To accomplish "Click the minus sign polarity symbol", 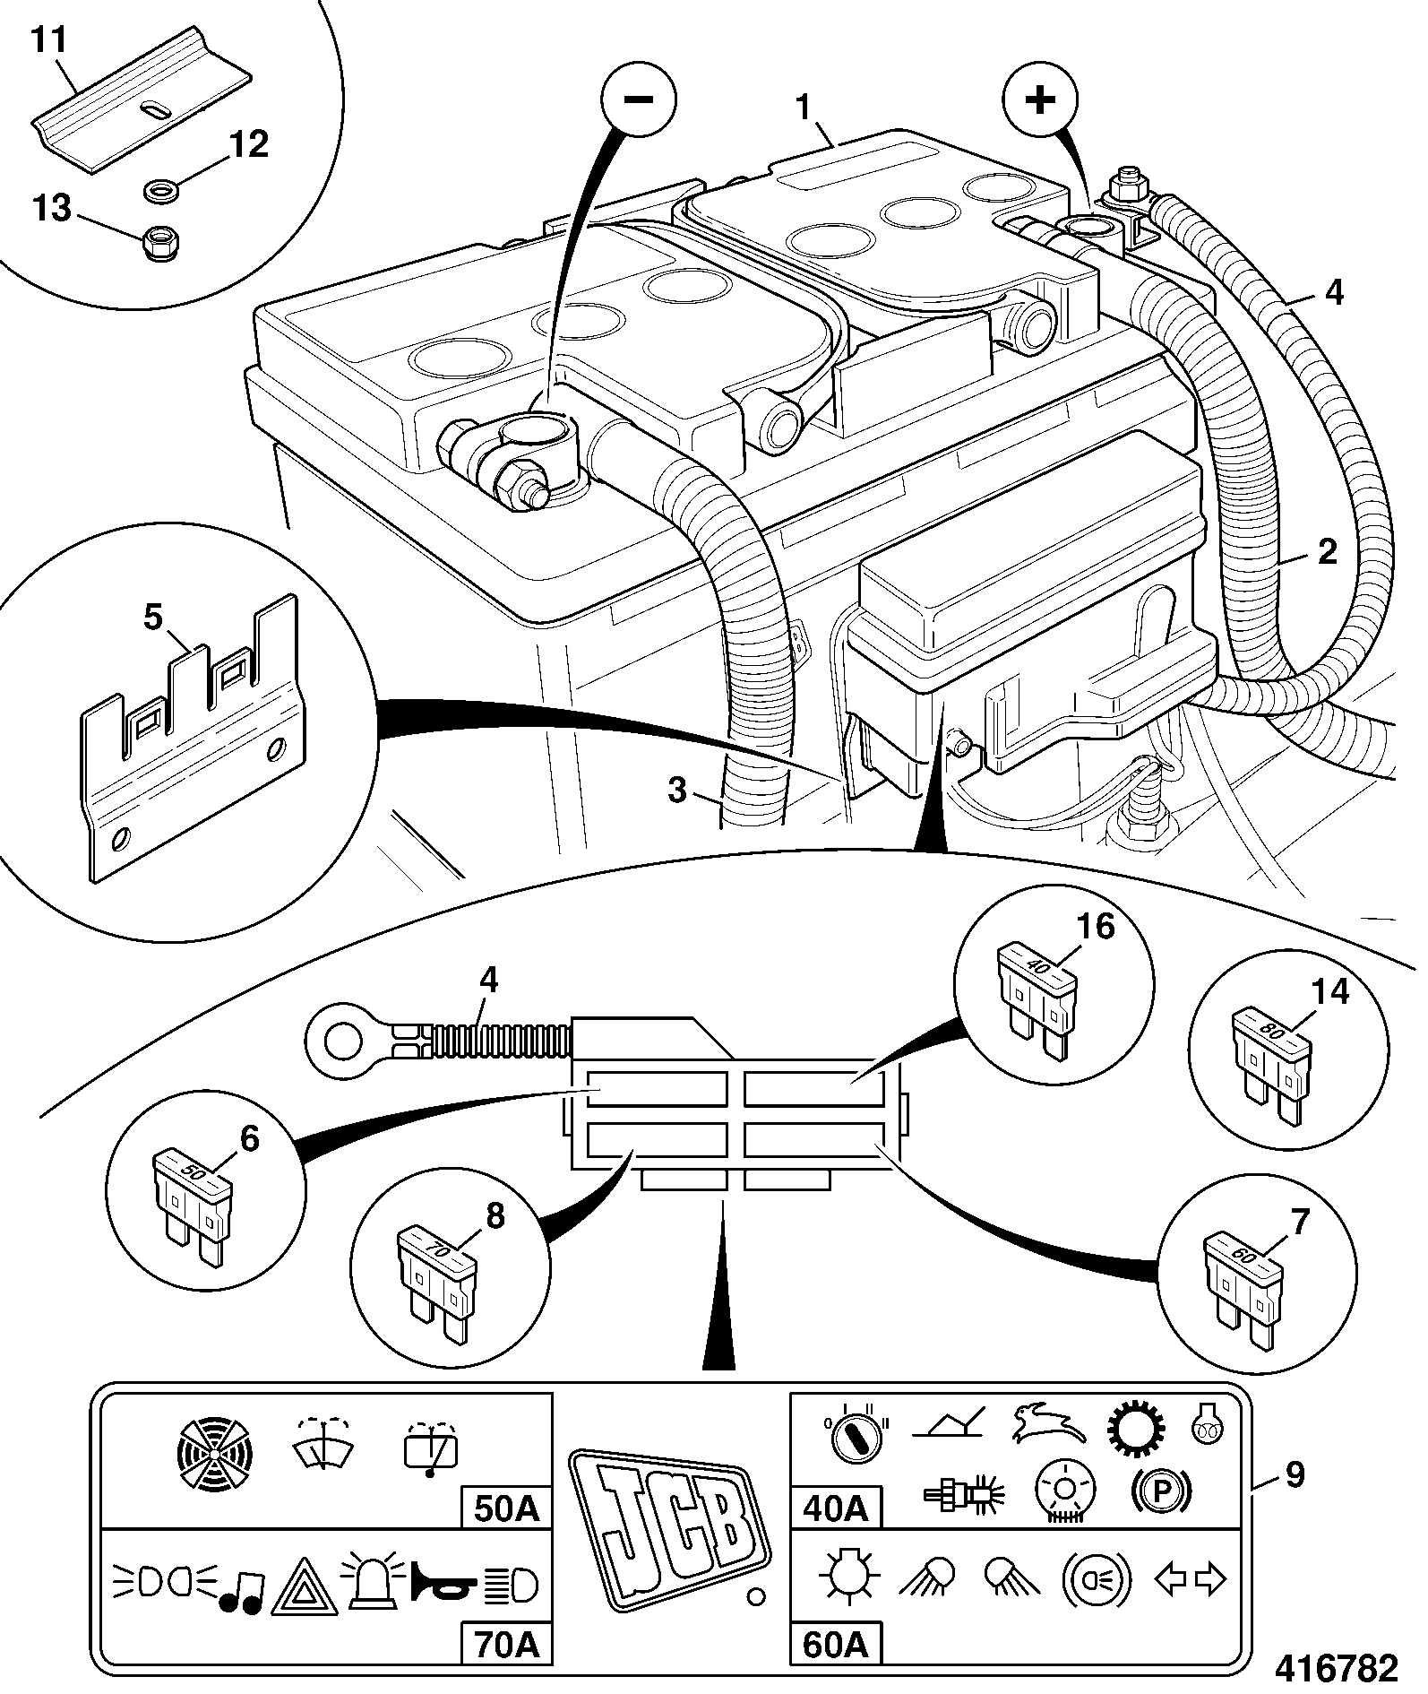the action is click(638, 99).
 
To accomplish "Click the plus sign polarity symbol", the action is click(1040, 99).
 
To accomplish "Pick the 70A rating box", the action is click(507, 1643).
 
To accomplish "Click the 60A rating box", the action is click(835, 1643).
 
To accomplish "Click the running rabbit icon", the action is click(1048, 1421).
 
